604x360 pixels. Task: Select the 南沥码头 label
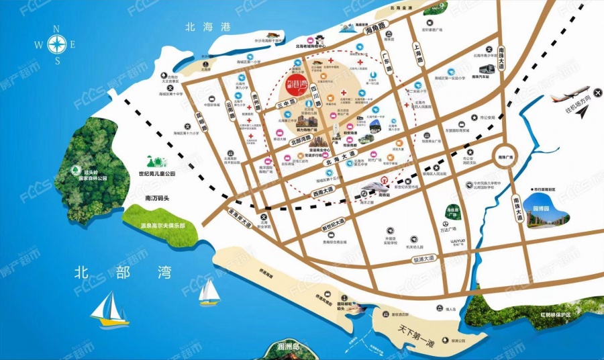point(159,199)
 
